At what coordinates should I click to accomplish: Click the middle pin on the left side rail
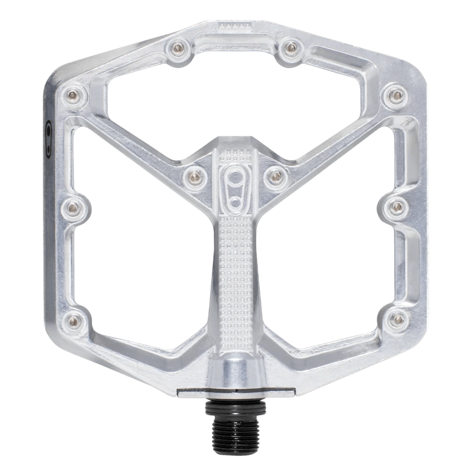72,206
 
